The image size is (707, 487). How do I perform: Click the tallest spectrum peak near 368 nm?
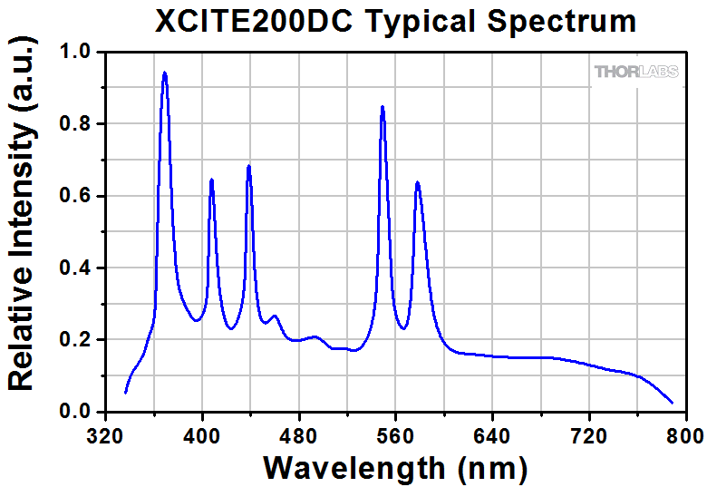click(164, 73)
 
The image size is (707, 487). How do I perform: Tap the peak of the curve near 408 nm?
click(211, 180)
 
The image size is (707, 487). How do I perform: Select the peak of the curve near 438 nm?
click(248, 166)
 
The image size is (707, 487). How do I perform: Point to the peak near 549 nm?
click(383, 107)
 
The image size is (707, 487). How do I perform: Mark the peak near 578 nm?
click(417, 182)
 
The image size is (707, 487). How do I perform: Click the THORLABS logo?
click(635, 72)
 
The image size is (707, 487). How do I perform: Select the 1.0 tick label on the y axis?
click(75, 53)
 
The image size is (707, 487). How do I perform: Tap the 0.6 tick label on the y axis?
click(75, 196)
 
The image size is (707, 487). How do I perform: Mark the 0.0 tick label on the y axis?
click(75, 412)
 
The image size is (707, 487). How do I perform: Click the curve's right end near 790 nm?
click(673, 403)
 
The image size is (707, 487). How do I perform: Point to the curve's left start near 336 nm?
click(125, 392)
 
